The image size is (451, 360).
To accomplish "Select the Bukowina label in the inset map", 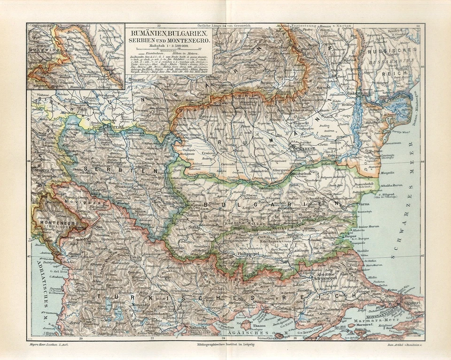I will click(x=41, y=49).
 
